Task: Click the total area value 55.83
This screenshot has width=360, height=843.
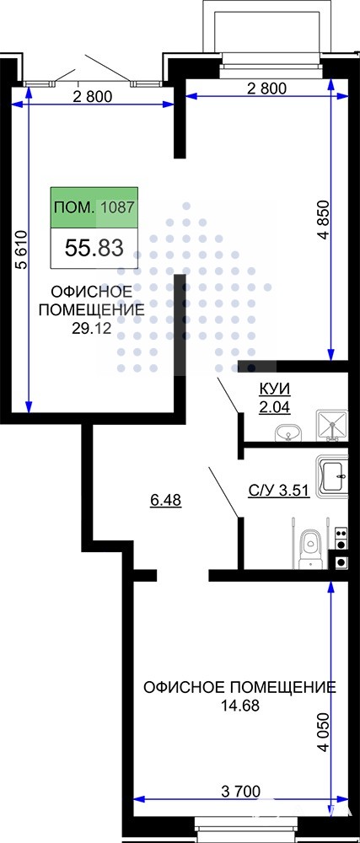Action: (94, 248)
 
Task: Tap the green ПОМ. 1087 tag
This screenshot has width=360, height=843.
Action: (94, 207)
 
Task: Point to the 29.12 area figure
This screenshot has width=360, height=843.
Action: (91, 329)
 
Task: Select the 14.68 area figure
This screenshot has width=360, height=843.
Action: (239, 705)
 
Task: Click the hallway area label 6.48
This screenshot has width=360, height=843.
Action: (165, 501)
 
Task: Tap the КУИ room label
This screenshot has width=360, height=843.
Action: (274, 389)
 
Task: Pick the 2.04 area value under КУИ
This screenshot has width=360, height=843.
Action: (274, 407)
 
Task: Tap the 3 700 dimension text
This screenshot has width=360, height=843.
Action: (241, 792)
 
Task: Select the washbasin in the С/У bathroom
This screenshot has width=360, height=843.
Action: (333, 475)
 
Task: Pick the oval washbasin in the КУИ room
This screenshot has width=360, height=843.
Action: (288, 432)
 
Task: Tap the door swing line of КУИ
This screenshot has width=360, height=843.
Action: (228, 395)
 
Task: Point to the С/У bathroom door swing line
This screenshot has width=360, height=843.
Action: (223, 491)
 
